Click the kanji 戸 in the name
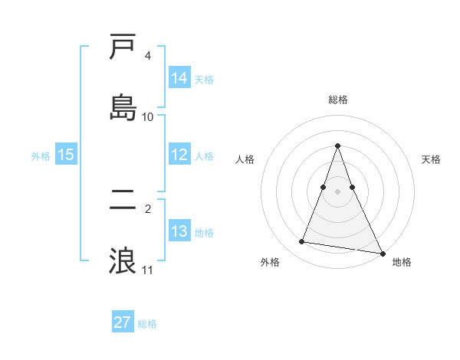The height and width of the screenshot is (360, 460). click(123, 47)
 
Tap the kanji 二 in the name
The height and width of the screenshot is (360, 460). click(123, 200)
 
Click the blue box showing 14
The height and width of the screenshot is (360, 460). click(179, 78)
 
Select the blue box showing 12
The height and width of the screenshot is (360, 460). click(179, 155)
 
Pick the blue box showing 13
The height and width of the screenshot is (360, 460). click(179, 231)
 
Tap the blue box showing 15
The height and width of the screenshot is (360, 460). click(66, 155)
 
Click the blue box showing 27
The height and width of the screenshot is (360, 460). click(123, 322)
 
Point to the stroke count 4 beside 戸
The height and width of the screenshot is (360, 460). click(147, 56)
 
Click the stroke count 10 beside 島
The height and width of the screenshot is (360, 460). click(148, 116)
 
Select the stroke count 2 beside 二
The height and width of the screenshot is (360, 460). click(147, 208)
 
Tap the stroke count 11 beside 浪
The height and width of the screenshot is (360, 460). click(148, 270)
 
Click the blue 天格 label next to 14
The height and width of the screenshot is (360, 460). click(204, 79)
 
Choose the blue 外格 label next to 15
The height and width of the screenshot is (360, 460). click(41, 155)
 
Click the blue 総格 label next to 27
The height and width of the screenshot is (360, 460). click(147, 324)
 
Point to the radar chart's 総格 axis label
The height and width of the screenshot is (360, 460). click(338, 100)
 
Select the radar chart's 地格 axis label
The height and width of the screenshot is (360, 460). click(402, 263)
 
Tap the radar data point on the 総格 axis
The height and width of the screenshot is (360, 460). click(338, 146)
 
